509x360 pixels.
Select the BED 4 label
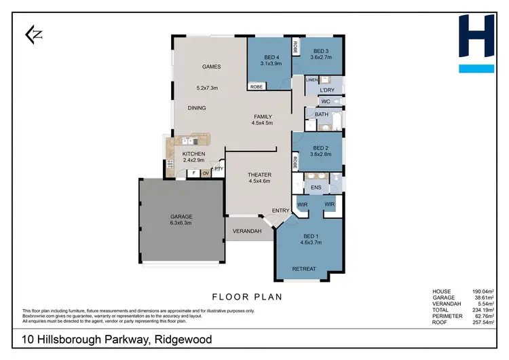point(269,57)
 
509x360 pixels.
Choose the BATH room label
point(321,115)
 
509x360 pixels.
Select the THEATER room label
point(259,175)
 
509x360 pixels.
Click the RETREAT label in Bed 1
point(303,269)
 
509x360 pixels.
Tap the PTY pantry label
point(219,169)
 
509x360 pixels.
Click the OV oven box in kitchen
point(206,173)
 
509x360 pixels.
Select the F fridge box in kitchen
point(193,173)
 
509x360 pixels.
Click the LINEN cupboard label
point(312,80)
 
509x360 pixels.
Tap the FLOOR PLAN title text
point(246,297)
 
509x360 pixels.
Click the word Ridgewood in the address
point(183,340)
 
